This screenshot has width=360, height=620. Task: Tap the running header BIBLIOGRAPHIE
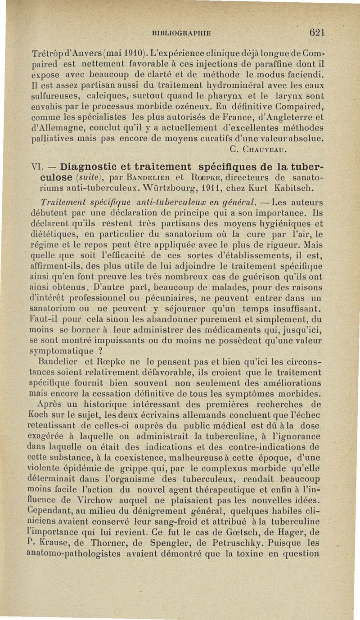pos(182,33)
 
